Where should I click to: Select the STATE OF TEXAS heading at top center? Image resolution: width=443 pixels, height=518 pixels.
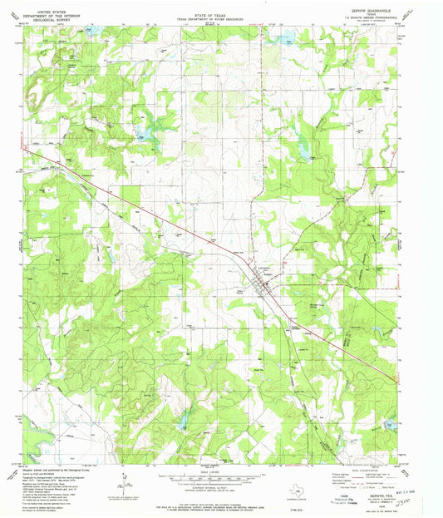(x=221, y=5)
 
